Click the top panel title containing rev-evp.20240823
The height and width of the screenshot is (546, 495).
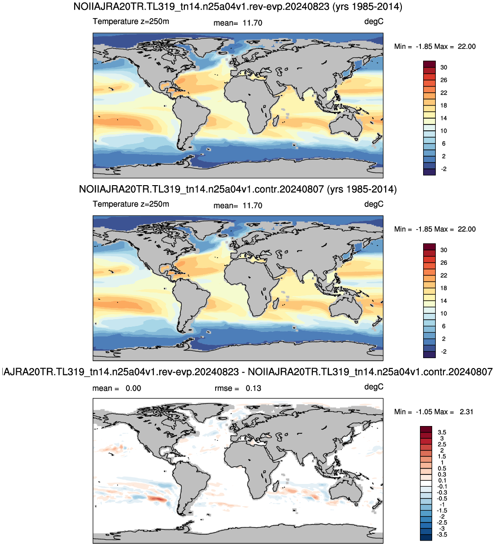tap(238, 6)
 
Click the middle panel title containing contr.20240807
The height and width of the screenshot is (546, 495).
tap(238, 189)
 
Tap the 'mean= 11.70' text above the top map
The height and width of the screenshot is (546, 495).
tap(238, 23)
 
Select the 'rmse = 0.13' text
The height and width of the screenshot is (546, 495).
tap(238, 388)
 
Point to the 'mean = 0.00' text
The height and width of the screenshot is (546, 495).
tap(117, 388)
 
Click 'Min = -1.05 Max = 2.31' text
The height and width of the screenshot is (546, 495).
tap(434, 412)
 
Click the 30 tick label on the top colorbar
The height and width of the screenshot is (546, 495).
tap(443, 67)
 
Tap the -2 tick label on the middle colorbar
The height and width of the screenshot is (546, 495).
tap(443, 352)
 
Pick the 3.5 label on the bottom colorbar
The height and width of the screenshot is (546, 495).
tap(442, 432)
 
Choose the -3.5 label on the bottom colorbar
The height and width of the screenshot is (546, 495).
tap(442, 535)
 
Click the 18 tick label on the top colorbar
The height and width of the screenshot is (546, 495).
tap(443, 105)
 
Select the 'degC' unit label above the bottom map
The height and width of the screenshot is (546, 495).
tap(374, 387)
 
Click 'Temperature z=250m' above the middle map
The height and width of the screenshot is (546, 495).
tap(131, 204)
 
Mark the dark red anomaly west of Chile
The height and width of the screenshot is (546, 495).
tap(156, 499)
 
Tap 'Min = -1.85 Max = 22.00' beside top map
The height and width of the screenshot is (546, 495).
tap(435, 47)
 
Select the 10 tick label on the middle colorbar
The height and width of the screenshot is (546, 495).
tap(443, 314)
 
